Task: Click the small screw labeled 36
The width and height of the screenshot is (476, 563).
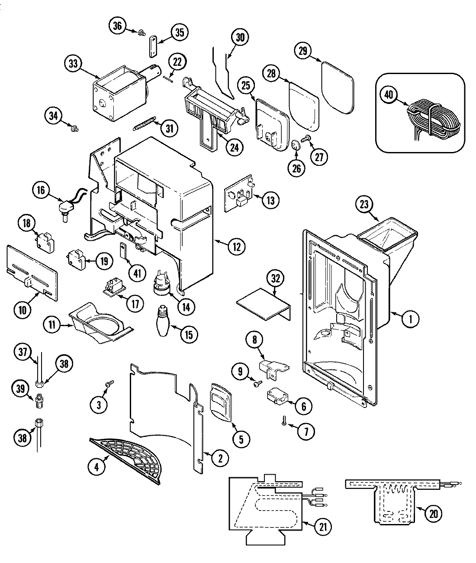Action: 141,32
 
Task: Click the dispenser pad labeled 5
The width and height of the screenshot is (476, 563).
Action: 221,402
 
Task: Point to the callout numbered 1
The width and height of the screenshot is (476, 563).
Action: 410,320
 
